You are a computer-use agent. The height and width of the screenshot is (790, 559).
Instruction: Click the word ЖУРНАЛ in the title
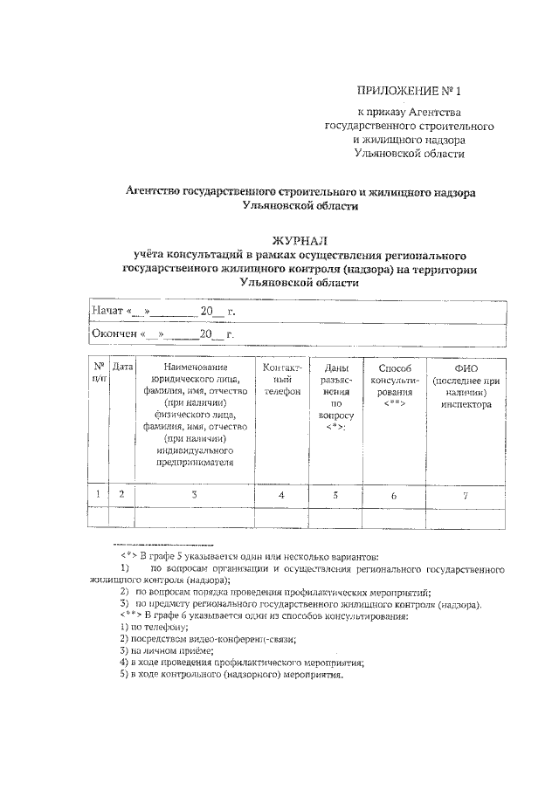click(300, 240)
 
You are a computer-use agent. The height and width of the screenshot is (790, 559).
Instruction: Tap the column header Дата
click(122, 368)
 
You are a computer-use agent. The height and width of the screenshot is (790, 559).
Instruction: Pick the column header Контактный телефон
click(281, 380)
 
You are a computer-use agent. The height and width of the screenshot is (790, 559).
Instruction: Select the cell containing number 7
click(466, 495)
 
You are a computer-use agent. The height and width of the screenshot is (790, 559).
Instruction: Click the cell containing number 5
click(335, 495)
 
